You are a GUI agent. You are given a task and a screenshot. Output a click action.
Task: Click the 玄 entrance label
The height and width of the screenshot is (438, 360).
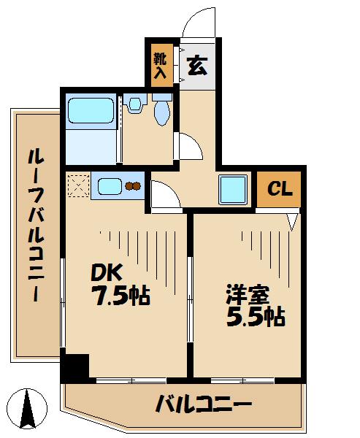196,66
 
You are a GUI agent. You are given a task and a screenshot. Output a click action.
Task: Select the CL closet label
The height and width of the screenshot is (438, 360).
279,189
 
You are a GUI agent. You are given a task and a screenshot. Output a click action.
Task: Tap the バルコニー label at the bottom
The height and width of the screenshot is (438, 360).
204,404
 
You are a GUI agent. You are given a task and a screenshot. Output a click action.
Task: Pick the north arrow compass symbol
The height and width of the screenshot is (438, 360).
28,409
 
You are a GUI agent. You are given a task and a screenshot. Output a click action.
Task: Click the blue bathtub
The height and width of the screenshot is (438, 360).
91,112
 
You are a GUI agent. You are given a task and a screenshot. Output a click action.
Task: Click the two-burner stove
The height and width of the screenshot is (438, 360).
134,186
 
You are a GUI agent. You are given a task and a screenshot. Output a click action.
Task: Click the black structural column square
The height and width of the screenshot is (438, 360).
74,366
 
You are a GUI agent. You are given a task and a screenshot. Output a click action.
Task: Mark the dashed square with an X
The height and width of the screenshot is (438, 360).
77,185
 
